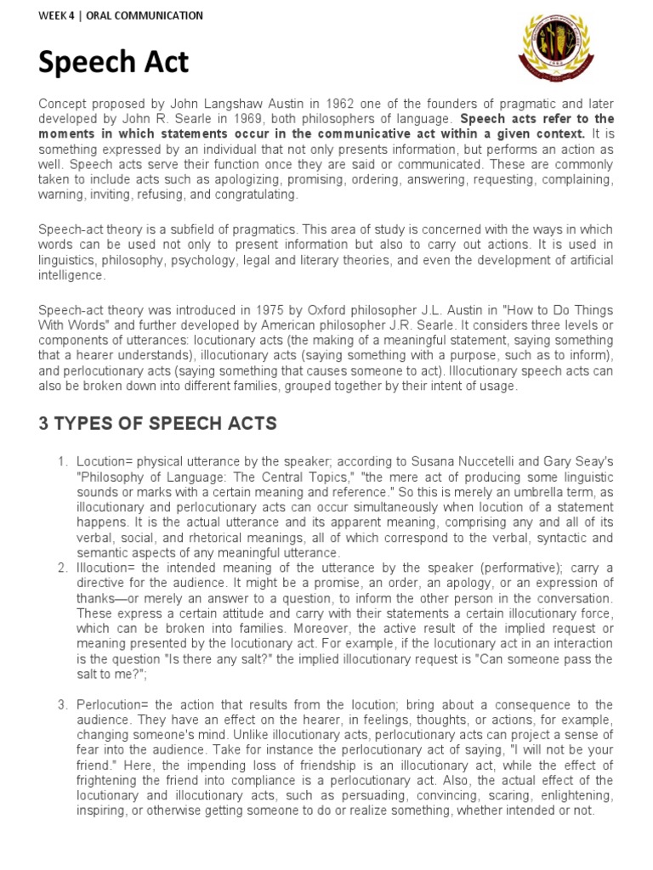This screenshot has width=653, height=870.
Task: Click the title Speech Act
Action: (114, 62)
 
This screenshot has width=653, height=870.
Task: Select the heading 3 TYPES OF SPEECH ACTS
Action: (157, 424)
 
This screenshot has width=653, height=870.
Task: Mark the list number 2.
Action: (62, 568)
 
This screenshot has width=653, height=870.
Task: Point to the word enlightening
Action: (574, 797)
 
